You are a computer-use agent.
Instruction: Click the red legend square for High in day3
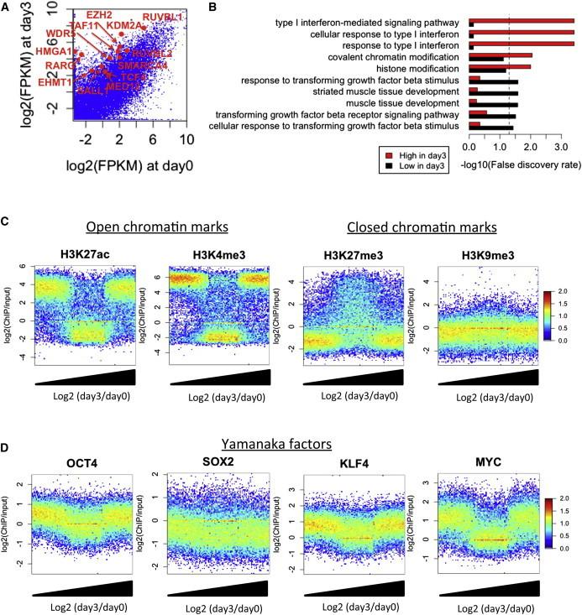pos(389,155)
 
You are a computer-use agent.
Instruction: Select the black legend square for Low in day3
pos(389,168)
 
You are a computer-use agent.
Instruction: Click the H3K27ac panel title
pos(83,256)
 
